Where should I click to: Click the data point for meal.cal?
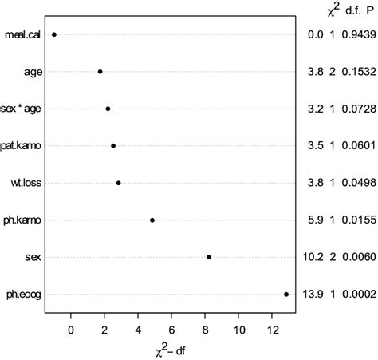pyautogui.click(x=54, y=34)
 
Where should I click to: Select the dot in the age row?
pyautogui.click(x=100, y=72)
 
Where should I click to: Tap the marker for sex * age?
pyautogui.click(x=108, y=109)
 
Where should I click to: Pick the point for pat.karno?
pyautogui.click(x=113, y=146)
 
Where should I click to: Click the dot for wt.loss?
pyautogui.click(x=119, y=183)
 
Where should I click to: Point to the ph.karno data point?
pyautogui.click(x=152, y=220)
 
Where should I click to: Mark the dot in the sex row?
pyautogui.click(x=209, y=257)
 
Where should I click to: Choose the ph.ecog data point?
pyautogui.click(x=286, y=294)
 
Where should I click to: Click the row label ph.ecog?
pyautogui.click(x=22, y=295)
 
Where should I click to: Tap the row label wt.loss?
pyautogui.click(x=26, y=183)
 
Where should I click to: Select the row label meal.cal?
pyautogui.click(x=23, y=34)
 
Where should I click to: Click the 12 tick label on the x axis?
pyautogui.click(x=273, y=329)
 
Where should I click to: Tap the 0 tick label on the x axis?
pyautogui.click(x=71, y=329)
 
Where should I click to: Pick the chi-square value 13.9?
pyautogui.click(x=315, y=295)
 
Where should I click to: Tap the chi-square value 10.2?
pyautogui.click(x=315, y=257)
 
